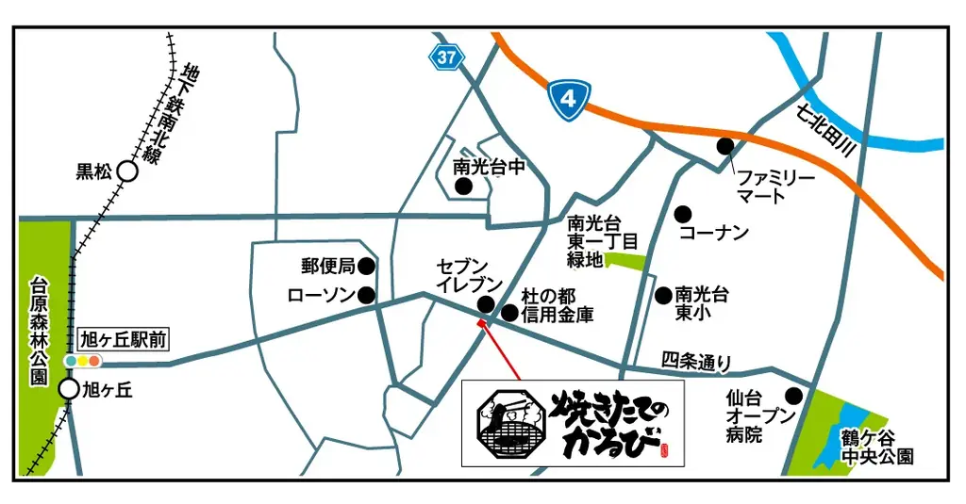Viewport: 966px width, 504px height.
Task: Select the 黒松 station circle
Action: (127, 171)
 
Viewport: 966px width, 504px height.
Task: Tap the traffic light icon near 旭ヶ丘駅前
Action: (82, 361)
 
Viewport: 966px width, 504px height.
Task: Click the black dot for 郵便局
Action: (367, 267)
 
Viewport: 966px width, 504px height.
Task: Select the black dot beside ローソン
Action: (367, 296)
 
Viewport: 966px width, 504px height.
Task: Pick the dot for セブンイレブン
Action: (486, 304)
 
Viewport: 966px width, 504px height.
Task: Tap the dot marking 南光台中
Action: (463, 187)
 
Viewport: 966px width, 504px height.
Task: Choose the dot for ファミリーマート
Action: (725, 146)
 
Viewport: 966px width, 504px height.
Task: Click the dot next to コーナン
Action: (683, 214)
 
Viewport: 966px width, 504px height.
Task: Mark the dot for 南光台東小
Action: (663, 295)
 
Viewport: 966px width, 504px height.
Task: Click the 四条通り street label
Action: (696, 360)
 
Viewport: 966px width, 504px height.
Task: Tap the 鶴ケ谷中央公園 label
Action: (879, 447)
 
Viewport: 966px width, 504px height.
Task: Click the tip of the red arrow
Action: (482, 321)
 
